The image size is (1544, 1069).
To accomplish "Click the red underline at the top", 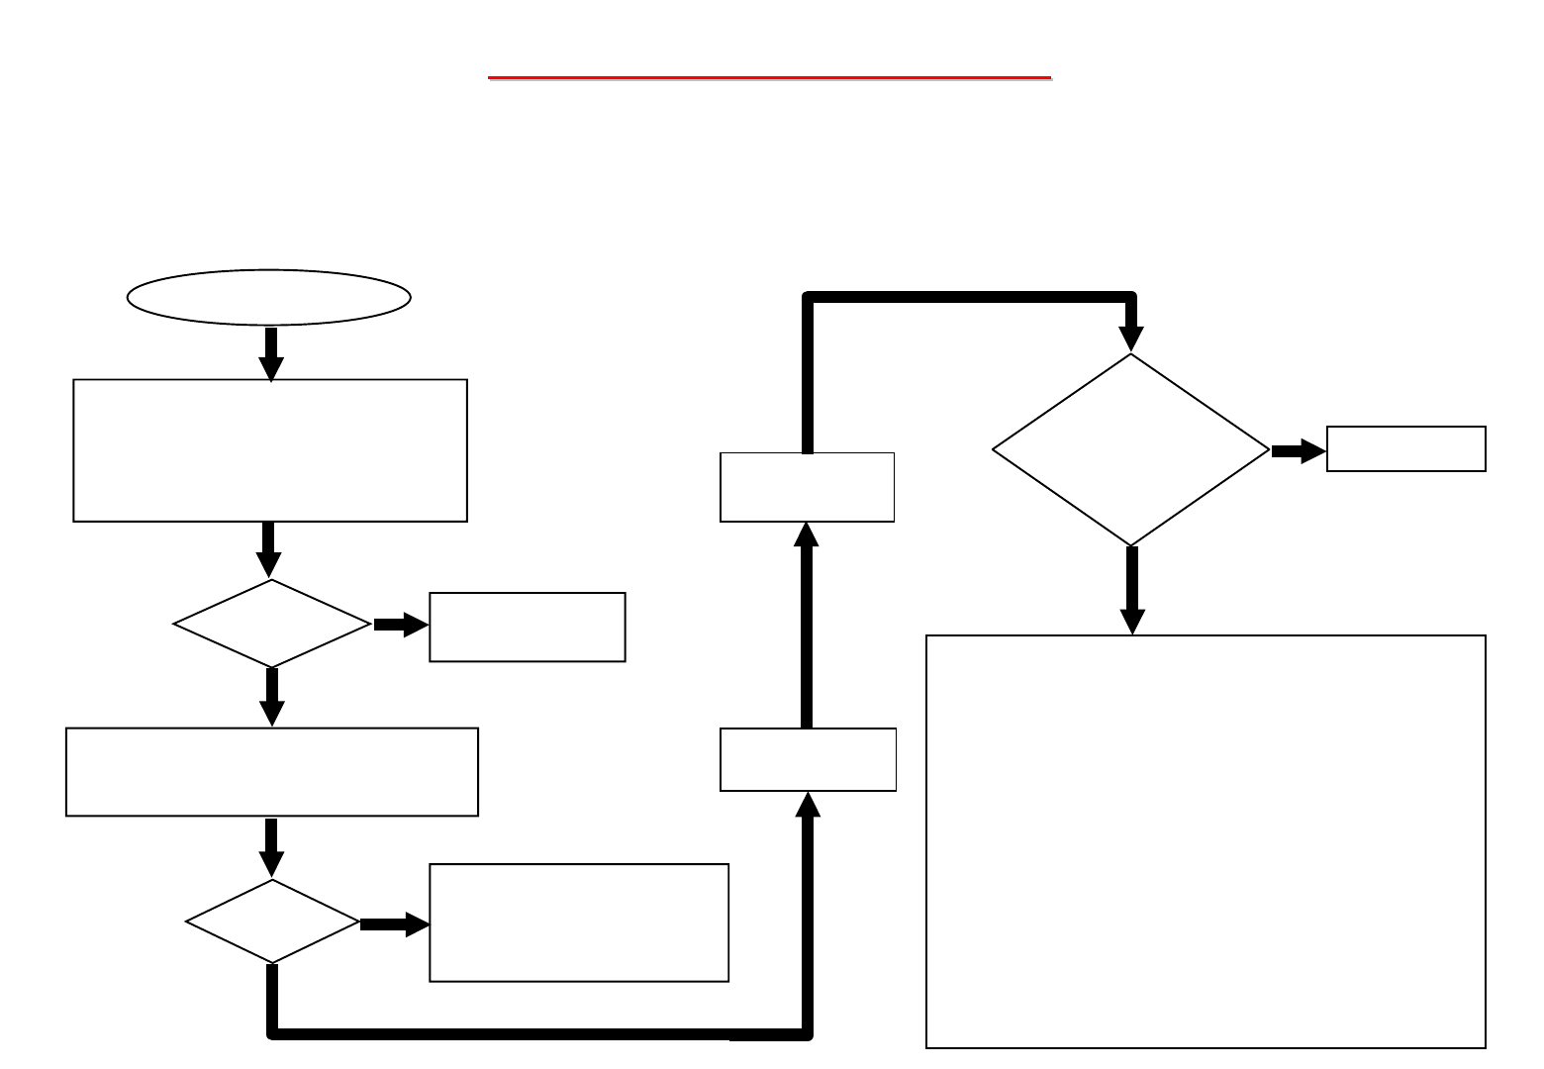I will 769,76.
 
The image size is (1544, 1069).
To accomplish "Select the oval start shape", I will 269,297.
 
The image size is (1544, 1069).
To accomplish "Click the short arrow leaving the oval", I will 270,351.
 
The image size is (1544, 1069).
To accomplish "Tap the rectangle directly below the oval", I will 270,450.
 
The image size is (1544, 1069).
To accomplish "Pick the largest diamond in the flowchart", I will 1130,450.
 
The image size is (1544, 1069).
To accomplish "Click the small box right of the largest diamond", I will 1405,449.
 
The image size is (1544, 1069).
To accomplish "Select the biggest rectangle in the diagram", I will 1206,841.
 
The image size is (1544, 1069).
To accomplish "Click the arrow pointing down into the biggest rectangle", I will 1132,589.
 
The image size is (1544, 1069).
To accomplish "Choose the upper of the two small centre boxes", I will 807,487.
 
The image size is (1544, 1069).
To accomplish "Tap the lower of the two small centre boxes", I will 808,759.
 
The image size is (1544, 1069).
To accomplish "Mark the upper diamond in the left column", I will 271,624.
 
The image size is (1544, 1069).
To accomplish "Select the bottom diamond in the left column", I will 272,922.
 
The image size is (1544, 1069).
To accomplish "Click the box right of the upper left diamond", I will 527,627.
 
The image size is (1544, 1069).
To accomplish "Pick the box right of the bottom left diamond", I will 579,923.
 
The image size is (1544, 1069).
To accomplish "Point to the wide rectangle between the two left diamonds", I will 272,772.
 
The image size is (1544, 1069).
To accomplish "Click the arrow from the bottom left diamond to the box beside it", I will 394,924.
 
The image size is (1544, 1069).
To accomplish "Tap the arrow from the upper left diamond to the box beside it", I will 400,625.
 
